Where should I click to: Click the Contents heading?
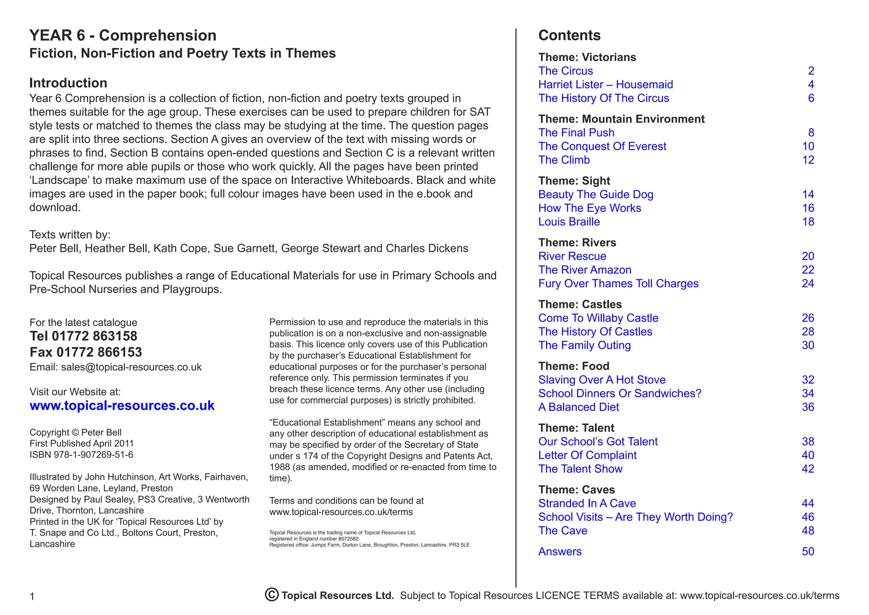[569, 35]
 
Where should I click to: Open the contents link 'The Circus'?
[565, 71]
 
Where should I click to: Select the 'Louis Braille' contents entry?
[569, 222]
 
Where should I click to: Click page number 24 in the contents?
[807, 283]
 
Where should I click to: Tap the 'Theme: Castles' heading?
[580, 304]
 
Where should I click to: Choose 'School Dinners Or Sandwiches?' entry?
[620, 393]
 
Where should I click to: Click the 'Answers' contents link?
[560, 551]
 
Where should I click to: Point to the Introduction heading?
[68, 83]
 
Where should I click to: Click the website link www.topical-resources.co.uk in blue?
[122, 406]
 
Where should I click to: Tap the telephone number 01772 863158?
[94, 336]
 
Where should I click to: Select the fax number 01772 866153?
[99, 352]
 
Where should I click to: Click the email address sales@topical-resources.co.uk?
[131, 367]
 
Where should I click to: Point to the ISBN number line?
[81, 454]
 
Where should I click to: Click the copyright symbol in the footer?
[272, 595]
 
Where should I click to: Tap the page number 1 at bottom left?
[32, 597]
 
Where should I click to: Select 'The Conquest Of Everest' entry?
[602, 147]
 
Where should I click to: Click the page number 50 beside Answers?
[807, 551]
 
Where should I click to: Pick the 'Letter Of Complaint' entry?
[587, 455]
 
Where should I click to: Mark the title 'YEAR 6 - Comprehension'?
[123, 35]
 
